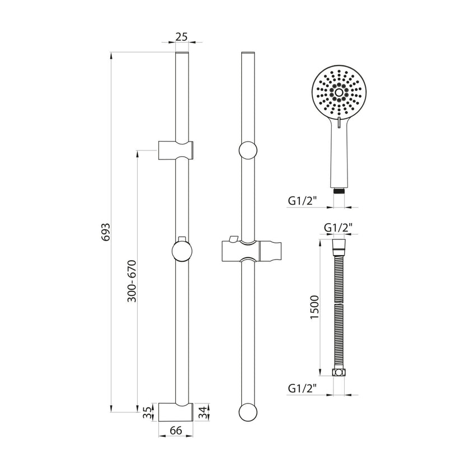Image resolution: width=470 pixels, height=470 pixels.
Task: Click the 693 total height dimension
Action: click(106, 232)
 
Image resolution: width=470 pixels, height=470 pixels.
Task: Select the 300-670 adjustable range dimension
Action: click(132, 281)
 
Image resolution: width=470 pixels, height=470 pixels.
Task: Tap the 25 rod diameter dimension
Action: click(181, 37)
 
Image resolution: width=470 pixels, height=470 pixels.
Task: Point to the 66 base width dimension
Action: click(176, 430)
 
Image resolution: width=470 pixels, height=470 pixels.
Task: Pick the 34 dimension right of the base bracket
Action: click(203, 413)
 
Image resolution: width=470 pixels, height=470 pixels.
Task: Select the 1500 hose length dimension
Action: click(315, 307)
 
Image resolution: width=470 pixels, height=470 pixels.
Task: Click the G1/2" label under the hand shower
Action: click(303, 201)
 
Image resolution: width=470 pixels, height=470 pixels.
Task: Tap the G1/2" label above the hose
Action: click(338, 228)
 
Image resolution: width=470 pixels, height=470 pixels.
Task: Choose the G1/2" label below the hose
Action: click(303, 389)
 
